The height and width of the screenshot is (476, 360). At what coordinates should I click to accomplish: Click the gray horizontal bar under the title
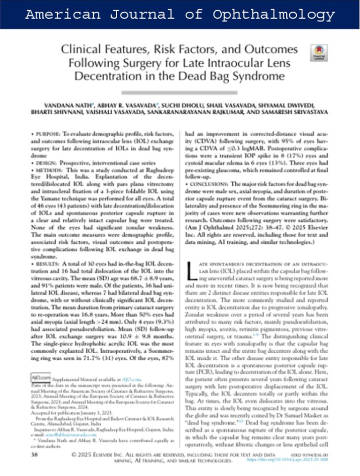pyautogui.click(x=180, y=93)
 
